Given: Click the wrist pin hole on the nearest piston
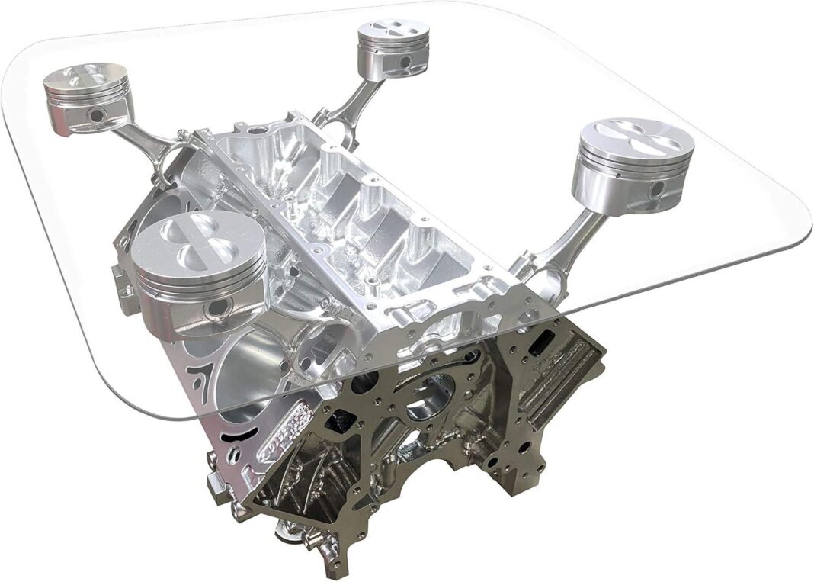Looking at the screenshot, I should pyautogui.click(x=220, y=307).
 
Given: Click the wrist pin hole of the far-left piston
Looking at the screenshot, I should pyautogui.click(x=97, y=116).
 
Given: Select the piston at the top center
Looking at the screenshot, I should pyautogui.click(x=393, y=46).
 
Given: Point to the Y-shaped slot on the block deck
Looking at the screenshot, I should pyautogui.click(x=201, y=376).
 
